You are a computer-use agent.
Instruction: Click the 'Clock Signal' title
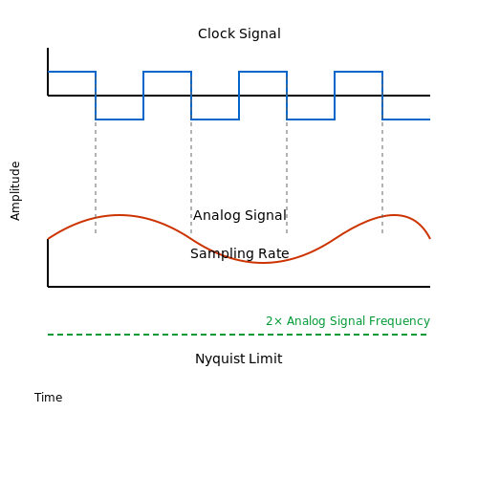[x=239, y=33]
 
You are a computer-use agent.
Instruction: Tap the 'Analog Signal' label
[x=240, y=215]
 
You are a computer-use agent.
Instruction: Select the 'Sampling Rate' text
[x=240, y=253]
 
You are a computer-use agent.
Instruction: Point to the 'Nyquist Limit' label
[x=239, y=358]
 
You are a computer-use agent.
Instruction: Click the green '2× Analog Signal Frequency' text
[x=348, y=321]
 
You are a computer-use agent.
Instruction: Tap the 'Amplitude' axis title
[x=15, y=191]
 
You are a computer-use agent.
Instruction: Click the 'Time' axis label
[x=49, y=398]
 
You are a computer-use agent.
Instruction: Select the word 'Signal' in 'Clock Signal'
[x=260, y=33]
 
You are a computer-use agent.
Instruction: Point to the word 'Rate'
[x=273, y=253]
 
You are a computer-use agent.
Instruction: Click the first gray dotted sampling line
[x=96, y=176]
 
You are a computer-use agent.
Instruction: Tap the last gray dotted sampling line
[x=382, y=176]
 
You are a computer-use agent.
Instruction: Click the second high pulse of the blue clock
[x=167, y=72]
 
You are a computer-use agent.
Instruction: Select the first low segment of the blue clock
[x=119, y=119]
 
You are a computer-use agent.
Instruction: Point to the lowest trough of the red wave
[x=262, y=263]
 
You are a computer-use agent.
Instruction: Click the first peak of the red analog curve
[x=119, y=215]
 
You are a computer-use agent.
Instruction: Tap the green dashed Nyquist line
[x=237, y=335]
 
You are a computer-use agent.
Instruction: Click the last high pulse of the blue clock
[x=358, y=72]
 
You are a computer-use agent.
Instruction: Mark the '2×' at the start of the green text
[x=274, y=321]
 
